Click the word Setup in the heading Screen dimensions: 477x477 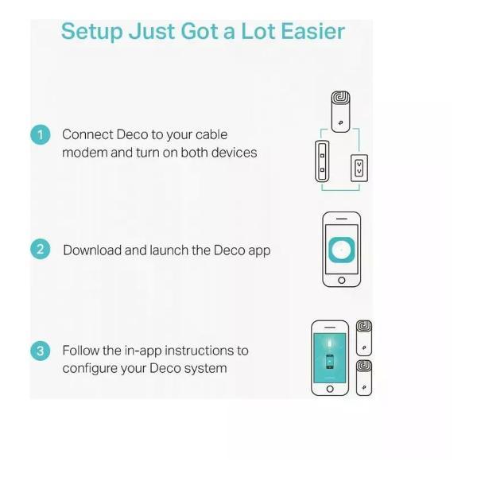point(92,32)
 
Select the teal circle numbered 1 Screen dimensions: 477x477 point(41,135)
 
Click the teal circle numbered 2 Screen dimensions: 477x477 point(41,250)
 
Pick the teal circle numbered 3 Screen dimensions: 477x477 point(41,351)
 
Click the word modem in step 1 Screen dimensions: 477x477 point(84,153)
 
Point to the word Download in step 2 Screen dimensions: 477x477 point(92,250)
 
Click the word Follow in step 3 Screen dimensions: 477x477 point(81,351)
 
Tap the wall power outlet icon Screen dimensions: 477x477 point(359,169)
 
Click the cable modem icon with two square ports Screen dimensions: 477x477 point(322,161)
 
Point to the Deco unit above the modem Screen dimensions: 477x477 point(340,111)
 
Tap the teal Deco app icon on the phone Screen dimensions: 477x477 point(342,250)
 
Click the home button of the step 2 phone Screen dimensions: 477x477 point(342,280)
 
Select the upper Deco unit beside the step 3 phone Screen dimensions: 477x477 point(364,338)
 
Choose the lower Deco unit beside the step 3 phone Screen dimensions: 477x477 point(364,378)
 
